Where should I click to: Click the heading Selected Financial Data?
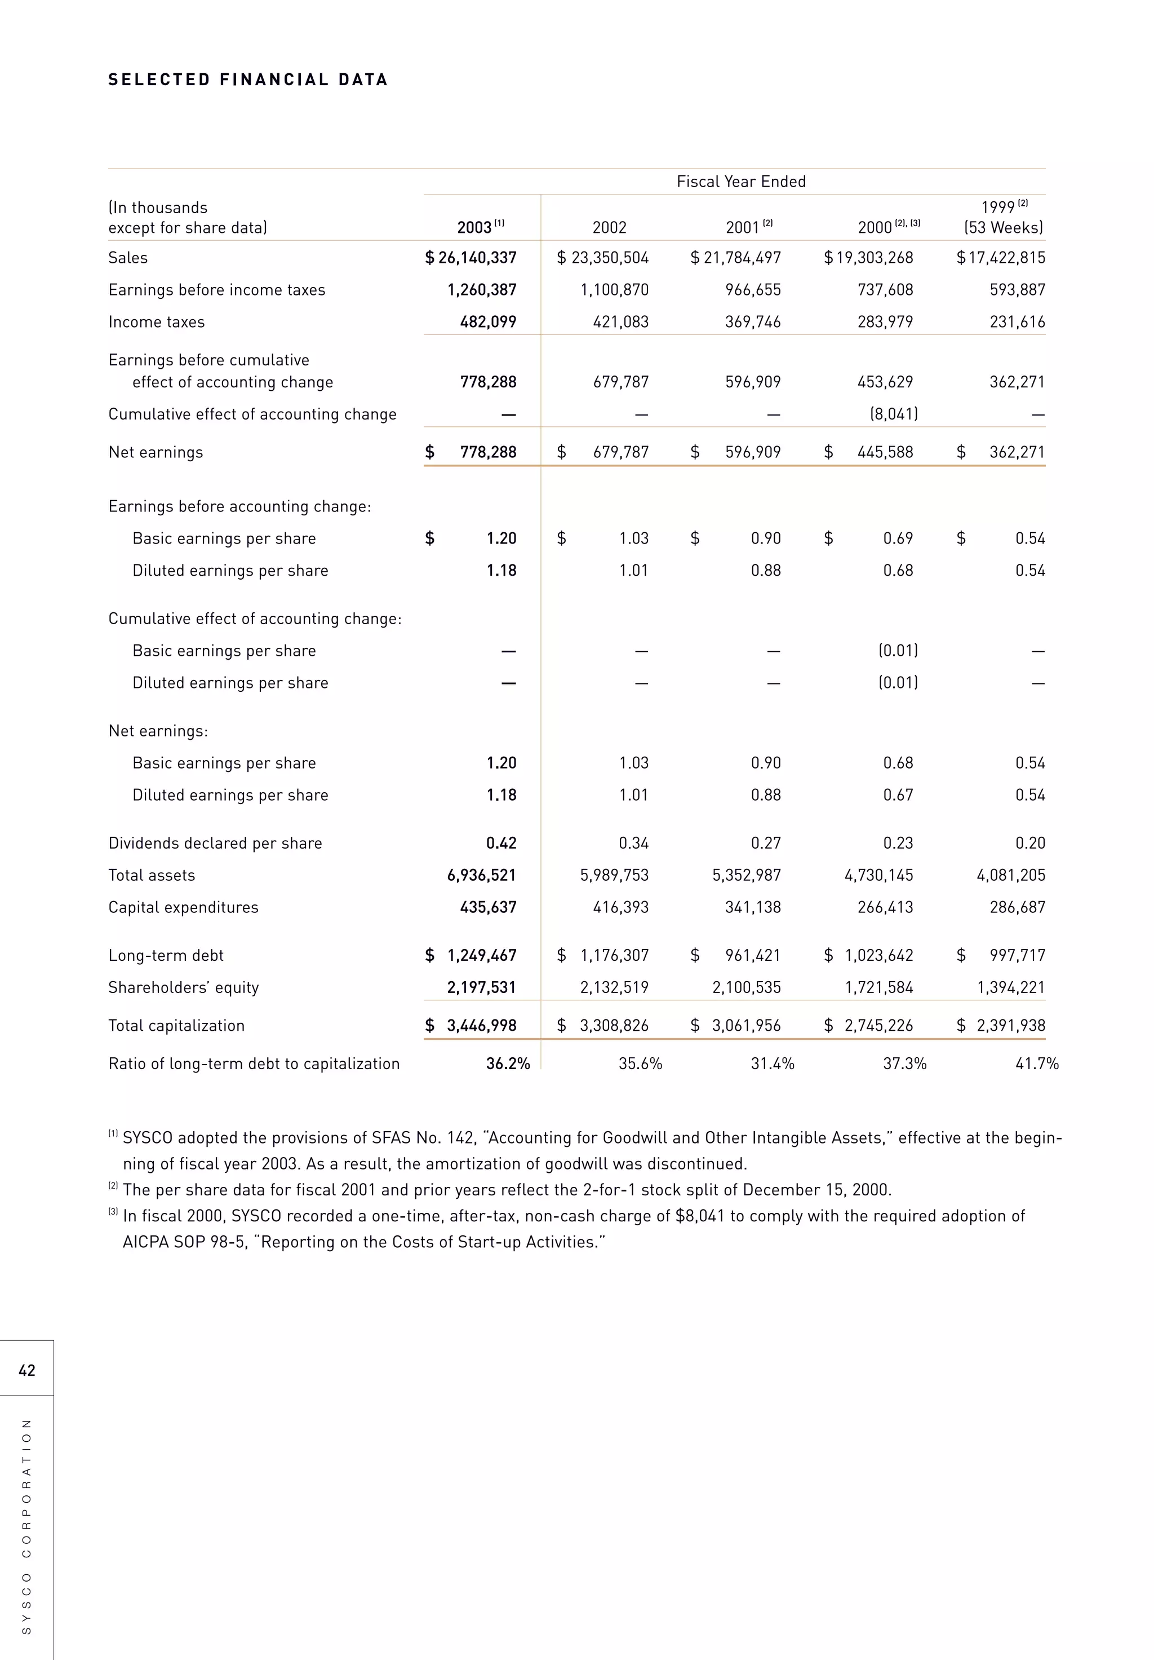248,80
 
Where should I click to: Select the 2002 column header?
609,228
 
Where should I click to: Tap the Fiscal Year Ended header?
740,182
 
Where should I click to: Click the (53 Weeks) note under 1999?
1004,228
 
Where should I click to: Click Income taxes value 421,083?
621,323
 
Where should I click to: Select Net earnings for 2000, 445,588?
885,453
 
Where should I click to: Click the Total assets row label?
152,876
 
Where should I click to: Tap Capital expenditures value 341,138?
753,907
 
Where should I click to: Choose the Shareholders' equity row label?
184,988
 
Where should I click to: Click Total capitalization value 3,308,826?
614,1026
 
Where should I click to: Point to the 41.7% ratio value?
1036,1064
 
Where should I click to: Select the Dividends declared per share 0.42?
501,844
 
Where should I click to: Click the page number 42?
26,1370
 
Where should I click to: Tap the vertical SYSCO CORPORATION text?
26,1526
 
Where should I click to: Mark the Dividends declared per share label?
215,844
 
